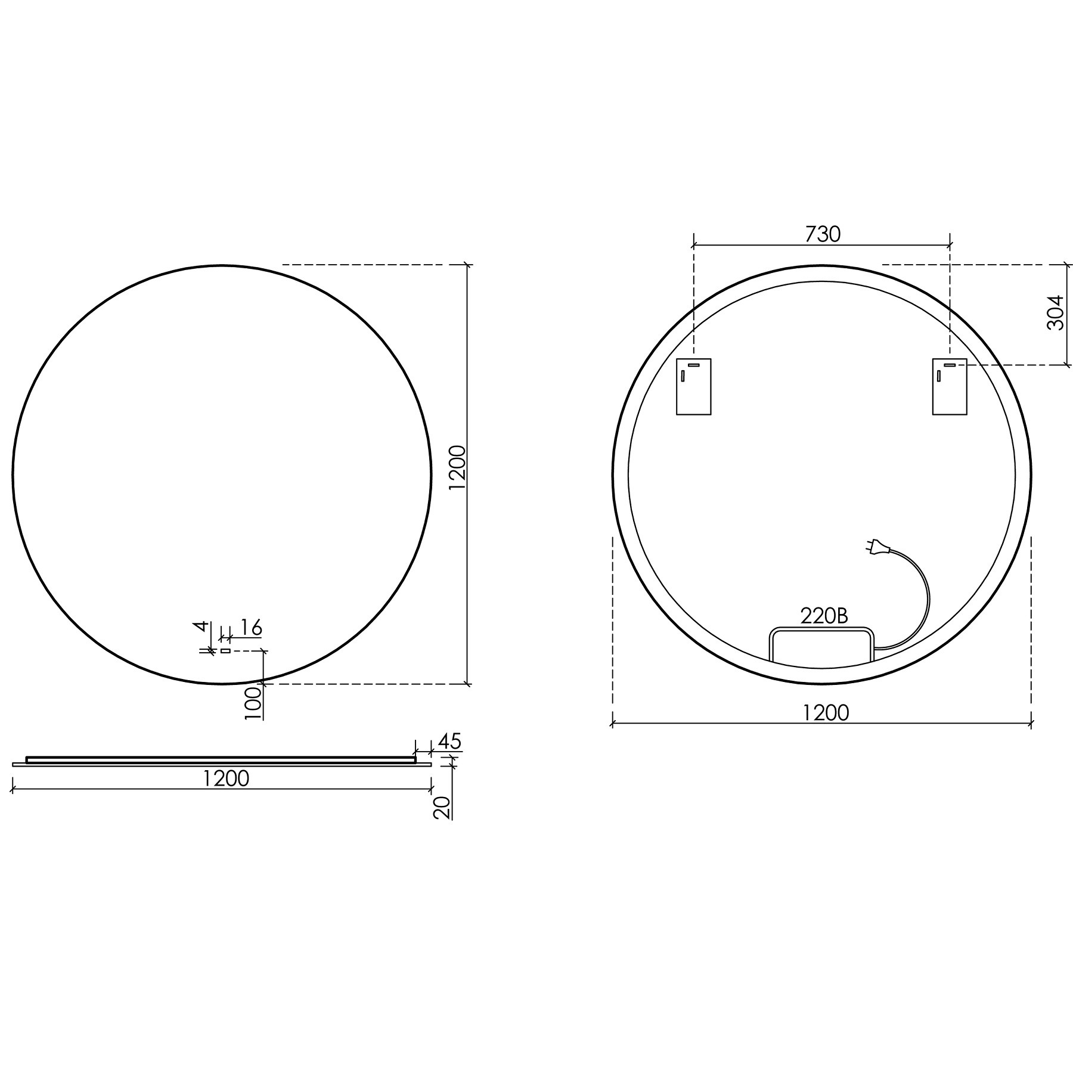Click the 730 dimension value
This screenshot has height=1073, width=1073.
click(x=823, y=235)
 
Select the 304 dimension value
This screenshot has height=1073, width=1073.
click(x=1056, y=312)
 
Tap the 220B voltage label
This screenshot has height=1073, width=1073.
click(x=824, y=616)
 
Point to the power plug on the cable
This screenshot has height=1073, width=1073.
click(x=877, y=545)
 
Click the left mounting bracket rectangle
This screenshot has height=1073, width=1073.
click(x=694, y=386)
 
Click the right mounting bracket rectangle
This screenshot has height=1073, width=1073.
click(x=950, y=386)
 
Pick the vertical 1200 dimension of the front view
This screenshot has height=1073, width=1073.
click(x=457, y=467)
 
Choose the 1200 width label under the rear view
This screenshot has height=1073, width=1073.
click(x=826, y=712)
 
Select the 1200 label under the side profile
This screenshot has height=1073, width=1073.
click(x=226, y=779)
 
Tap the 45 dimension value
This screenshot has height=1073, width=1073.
click(x=449, y=742)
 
